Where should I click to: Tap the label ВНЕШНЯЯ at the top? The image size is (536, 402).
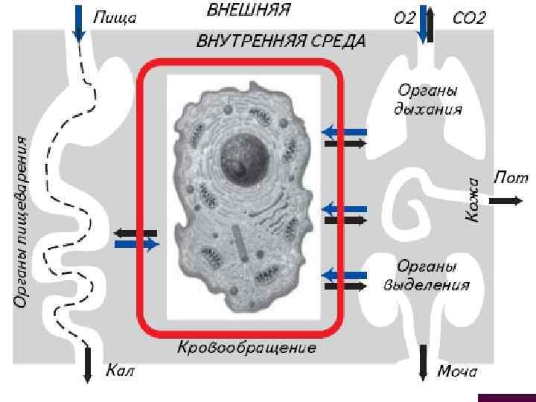tap(247, 10)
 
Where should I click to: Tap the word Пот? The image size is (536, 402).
tap(511, 179)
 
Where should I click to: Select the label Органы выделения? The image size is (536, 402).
tap(427, 275)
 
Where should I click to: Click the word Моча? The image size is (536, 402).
tap(456, 371)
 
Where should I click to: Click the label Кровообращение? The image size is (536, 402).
tap(246, 348)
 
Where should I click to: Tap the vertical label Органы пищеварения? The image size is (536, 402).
tap(23, 221)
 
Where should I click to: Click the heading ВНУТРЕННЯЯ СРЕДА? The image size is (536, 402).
tap(281, 41)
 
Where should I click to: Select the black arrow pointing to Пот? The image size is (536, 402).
tap(505, 200)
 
